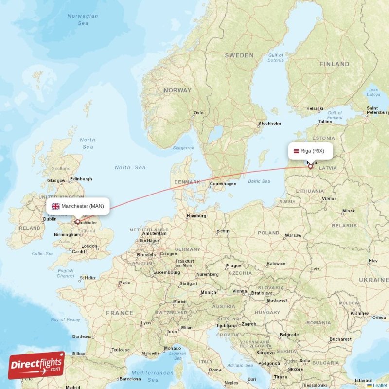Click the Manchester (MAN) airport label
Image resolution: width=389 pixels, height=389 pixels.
click(82, 206)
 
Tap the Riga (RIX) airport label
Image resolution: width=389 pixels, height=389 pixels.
click(312, 151)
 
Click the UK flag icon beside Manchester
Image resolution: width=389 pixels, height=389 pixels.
click(55, 206)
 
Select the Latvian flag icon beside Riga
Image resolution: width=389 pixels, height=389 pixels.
click(295, 151)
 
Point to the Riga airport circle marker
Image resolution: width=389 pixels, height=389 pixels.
click(311, 167)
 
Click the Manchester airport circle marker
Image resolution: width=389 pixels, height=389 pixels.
click(77, 221)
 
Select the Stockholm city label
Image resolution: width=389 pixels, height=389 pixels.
click(270, 124)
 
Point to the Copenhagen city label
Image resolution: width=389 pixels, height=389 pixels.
click(223, 184)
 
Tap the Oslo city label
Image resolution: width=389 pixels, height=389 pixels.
click(198, 113)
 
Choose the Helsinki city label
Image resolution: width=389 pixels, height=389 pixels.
click(315, 109)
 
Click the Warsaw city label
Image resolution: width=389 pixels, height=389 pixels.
click(293, 235)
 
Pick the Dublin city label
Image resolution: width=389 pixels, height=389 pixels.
click(50, 219)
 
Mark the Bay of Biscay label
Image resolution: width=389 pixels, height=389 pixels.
click(66, 319)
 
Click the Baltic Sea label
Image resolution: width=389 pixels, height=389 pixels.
click(259, 181)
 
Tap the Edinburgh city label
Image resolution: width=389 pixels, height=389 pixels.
click(81, 179)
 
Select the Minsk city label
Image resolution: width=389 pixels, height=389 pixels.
click(349, 211)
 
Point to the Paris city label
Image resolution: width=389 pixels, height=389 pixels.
click(125, 283)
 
